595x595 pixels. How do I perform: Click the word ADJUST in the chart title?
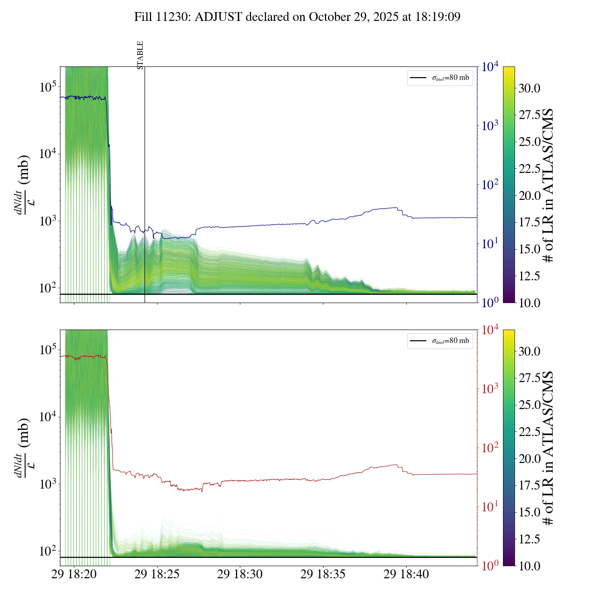coord(218,17)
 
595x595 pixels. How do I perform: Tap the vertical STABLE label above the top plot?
coord(140,55)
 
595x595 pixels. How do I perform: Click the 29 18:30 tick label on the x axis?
coord(240,575)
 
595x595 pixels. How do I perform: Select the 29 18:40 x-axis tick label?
coord(406,575)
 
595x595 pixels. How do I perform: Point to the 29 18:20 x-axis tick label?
coord(74,575)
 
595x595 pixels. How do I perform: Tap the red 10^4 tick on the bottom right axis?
coord(490,330)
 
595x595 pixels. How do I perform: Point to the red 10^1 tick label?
coord(489,507)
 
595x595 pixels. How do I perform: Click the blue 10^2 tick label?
coord(489,185)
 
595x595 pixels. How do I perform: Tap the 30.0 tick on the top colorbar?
coord(529,88)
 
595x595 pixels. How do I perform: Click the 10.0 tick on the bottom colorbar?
coord(529,566)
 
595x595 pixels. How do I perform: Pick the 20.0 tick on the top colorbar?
coord(529,196)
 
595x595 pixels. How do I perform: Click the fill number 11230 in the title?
coord(174,17)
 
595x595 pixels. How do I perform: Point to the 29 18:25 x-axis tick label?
coord(157,575)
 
